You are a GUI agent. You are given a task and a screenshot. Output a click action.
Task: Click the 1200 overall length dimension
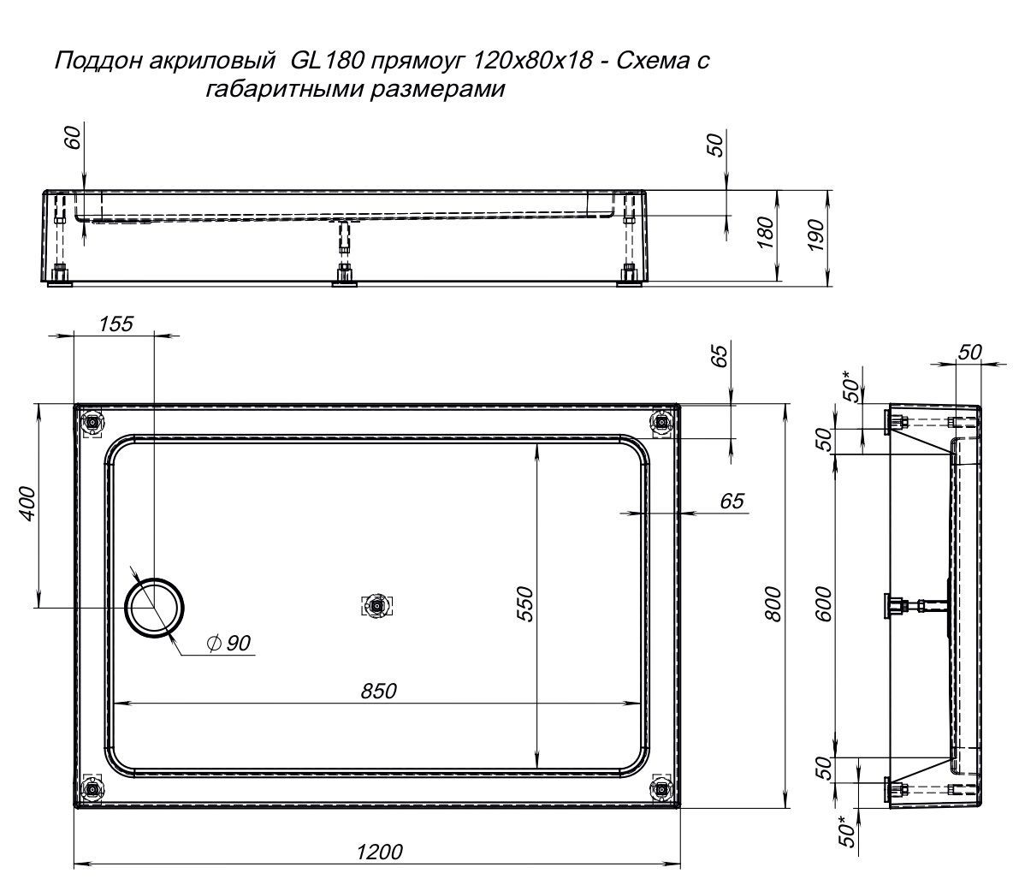(x=379, y=852)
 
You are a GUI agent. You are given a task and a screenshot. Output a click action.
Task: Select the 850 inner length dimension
(x=378, y=691)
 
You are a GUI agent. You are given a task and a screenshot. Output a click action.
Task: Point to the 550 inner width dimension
(x=526, y=603)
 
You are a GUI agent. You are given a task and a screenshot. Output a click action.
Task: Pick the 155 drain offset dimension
(x=116, y=323)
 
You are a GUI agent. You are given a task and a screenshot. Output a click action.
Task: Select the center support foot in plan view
(x=376, y=606)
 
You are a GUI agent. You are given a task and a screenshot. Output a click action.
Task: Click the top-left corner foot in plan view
(x=93, y=423)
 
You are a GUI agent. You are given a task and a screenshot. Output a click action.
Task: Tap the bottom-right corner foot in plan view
(x=661, y=788)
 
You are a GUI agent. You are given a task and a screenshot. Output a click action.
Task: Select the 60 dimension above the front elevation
(x=73, y=137)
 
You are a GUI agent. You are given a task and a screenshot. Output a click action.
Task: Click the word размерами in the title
(x=437, y=88)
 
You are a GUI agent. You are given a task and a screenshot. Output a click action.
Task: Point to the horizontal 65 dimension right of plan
(x=732, y=501)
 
